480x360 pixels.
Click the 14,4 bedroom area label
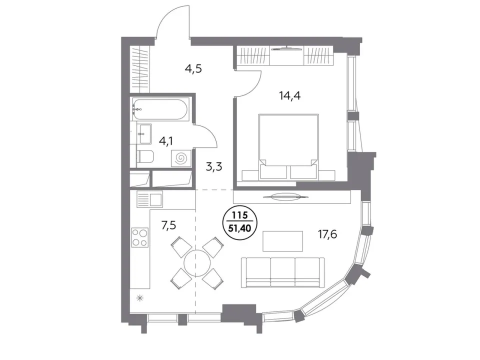(289, 96)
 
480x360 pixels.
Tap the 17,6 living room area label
(327, 235)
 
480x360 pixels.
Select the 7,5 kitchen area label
(168, 225)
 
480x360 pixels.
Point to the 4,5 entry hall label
(193, 69)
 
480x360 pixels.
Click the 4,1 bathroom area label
(166, 141)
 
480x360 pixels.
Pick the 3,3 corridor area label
(213, 167)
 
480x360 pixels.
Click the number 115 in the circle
(239, 215)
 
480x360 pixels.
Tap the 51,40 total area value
(239, 228)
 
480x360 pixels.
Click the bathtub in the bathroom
(158, 109)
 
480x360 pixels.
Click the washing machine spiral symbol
(181, 158)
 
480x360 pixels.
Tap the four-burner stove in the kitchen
(140, 237)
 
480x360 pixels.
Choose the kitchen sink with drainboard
(149, 199)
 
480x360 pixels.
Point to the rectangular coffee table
(283, 241)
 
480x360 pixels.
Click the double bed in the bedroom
(288, 146)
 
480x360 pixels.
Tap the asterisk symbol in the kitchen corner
(140, 298)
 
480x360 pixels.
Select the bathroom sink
(144, 134)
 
